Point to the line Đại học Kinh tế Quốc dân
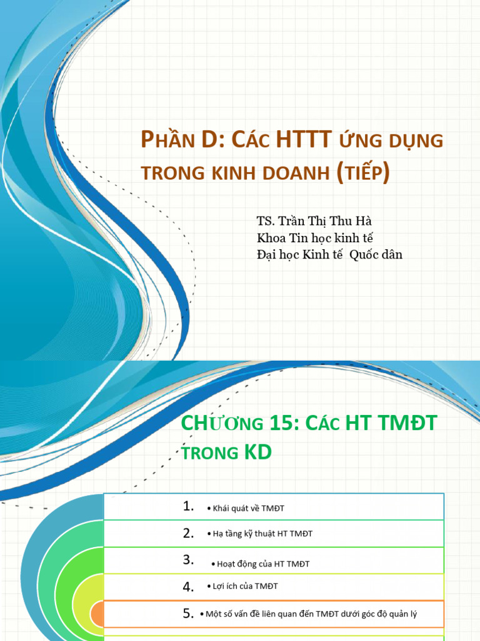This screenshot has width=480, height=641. click(329, 254)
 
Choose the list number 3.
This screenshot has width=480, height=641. click(189, 560)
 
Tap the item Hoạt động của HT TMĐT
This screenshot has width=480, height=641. click(263, 564)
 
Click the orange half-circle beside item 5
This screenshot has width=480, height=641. click(97, 614)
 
